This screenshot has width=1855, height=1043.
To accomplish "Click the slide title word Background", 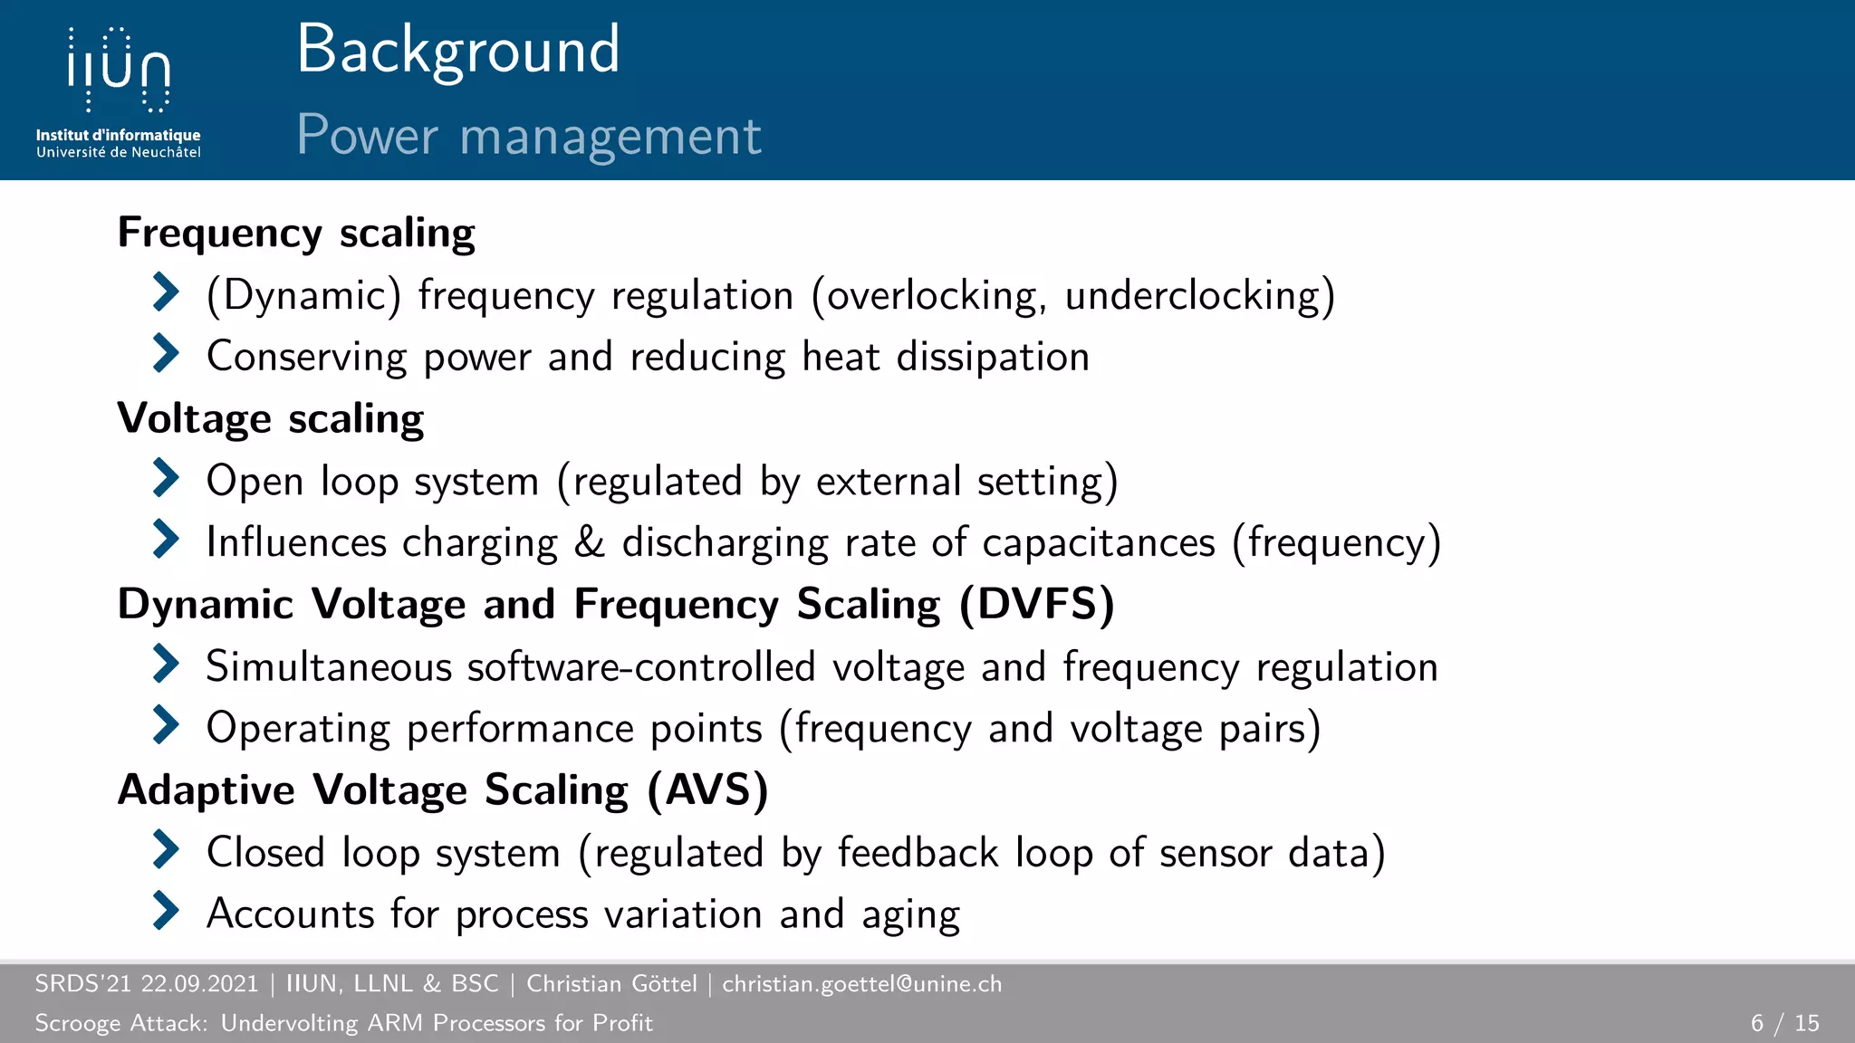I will [x=458, y=51].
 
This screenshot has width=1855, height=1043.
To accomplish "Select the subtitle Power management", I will [x=529, y=136].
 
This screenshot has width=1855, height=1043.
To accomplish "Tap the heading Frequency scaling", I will [x=296, y=234].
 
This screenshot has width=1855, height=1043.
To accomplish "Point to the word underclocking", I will [x=1193, y=296].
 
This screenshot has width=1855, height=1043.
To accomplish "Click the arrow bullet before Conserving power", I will [x=166, y=353].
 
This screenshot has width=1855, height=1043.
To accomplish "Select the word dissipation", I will [x=993, y=357].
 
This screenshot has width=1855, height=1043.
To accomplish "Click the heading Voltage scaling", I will [x=271, y=419].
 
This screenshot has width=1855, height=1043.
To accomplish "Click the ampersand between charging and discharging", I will [x=589, y=542].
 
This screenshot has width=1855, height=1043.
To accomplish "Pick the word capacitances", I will [x=1098, y=542].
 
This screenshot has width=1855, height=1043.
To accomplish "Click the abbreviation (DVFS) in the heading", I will [x=1037, y=605].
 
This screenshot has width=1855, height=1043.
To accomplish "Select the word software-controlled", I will [x=641, y=667].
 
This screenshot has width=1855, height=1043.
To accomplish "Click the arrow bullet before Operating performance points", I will [x=166, y=724].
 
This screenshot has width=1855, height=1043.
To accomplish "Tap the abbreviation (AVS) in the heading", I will [x=708, y=790].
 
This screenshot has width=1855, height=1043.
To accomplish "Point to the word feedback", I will [x=918, y=853].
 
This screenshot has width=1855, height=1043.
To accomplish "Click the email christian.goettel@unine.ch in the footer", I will [x=861, y=984].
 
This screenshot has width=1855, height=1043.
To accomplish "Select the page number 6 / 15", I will [x=1784, y=1023].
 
